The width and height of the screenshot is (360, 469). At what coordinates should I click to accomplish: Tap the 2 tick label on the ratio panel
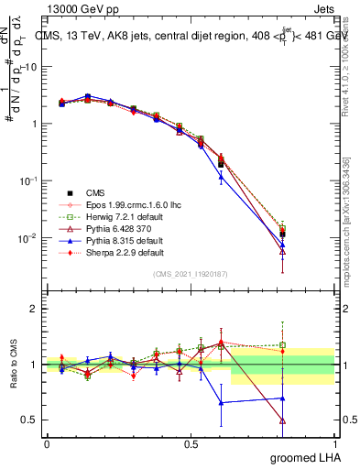point(31,309)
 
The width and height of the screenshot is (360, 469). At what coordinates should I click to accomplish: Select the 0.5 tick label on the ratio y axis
point(27,420)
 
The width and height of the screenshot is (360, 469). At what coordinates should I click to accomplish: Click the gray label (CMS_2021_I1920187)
point(191,273)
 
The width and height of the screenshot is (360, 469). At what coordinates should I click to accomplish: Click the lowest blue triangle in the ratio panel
point(220,402)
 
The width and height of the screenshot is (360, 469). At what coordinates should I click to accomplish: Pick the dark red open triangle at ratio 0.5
point(282,421)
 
